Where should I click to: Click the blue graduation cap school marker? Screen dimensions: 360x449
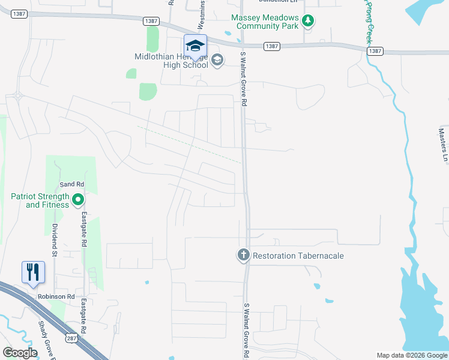[195, 46]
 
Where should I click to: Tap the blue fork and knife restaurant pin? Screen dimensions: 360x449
[32, 272]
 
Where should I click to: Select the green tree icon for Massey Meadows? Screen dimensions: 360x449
[308, 22]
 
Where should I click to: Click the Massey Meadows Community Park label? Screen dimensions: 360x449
[267, 22]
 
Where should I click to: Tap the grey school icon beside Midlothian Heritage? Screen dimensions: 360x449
[217, 59]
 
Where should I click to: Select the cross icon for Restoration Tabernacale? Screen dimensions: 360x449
[243, 256]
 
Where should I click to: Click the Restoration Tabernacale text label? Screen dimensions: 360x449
[298, 256]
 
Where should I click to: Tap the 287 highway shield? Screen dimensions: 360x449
[71, 338]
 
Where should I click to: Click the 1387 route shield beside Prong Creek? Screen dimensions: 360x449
[375, 52]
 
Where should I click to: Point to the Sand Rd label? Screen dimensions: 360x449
[71, 184]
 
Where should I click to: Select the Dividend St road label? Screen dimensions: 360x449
[53, 241]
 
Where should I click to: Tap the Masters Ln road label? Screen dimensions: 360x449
[442, 145]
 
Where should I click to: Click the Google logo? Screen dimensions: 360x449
[20, 353]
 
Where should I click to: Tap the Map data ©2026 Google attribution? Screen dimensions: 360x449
[411, 355]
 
